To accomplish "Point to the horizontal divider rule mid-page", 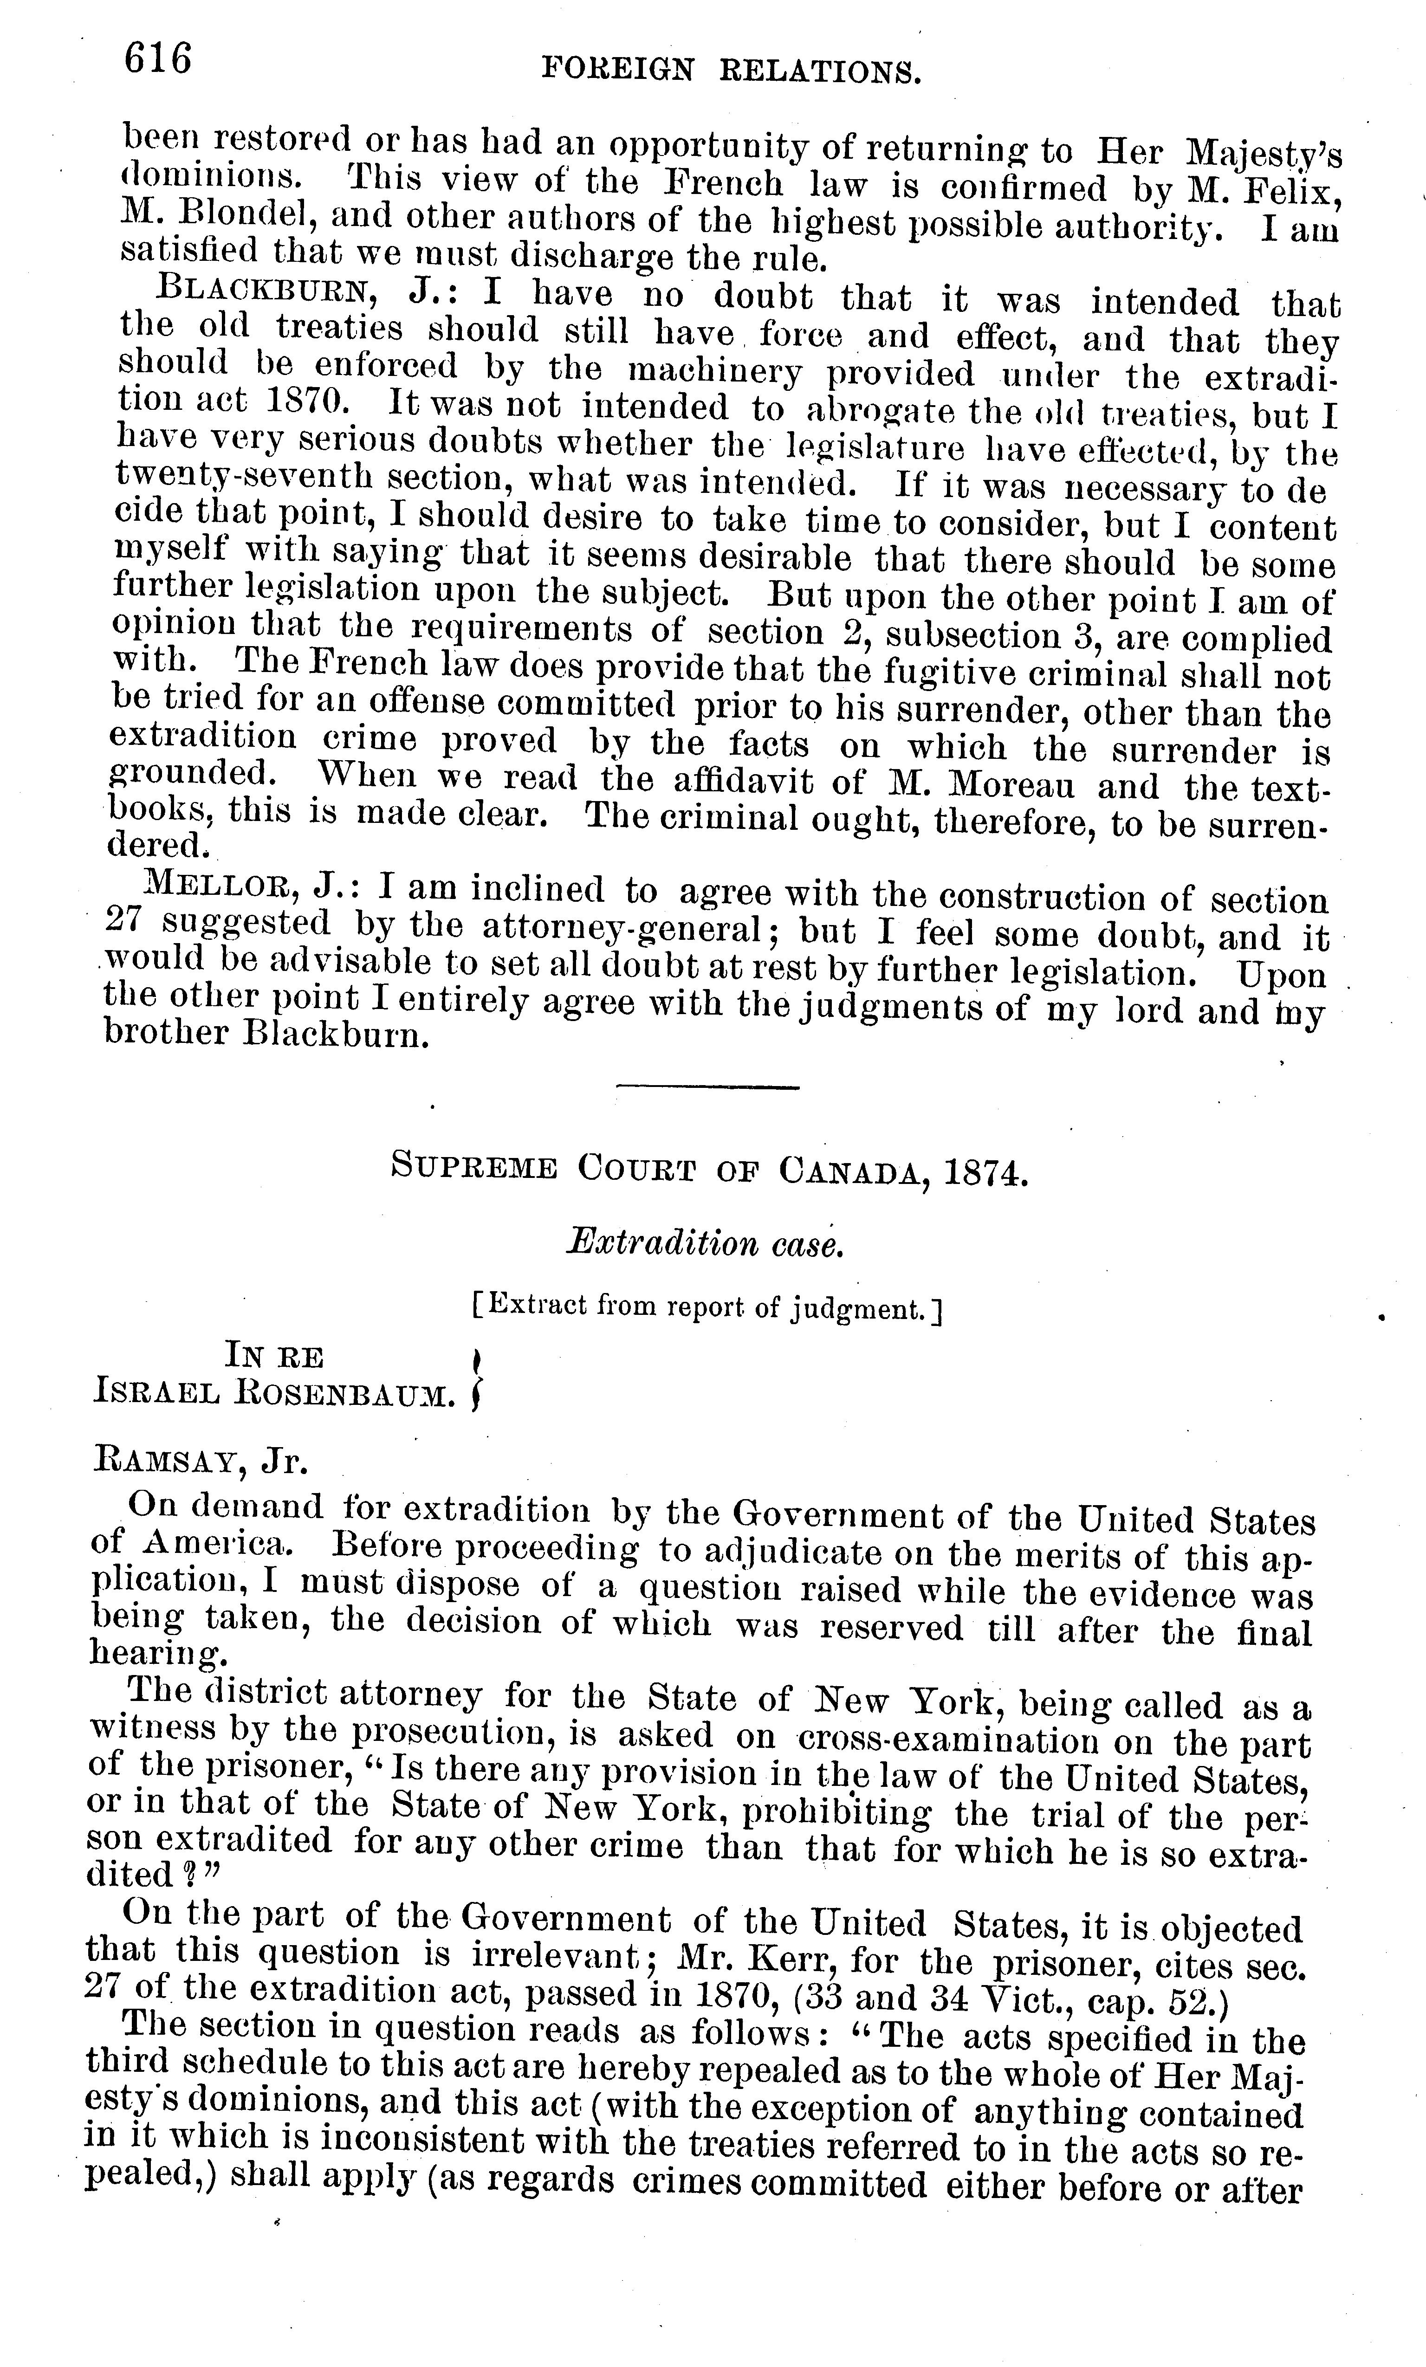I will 707,1086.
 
